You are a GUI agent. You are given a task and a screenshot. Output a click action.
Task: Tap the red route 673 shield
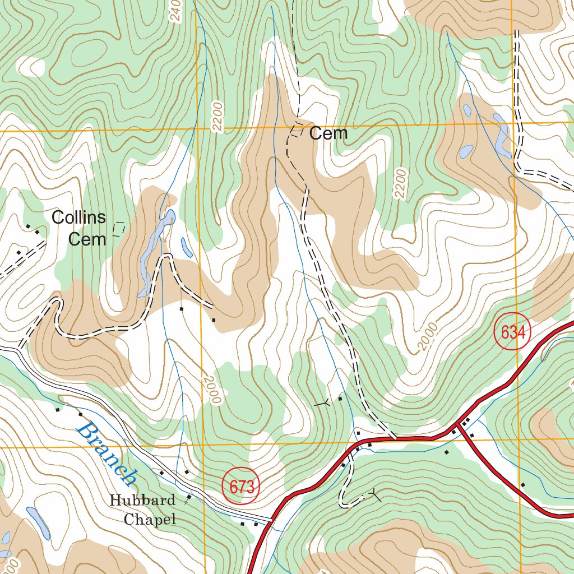(x=242, y=487)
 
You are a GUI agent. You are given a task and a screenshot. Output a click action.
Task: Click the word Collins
(x=79, y=217)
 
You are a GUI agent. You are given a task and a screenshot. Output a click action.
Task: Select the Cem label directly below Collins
(x=87, y=239)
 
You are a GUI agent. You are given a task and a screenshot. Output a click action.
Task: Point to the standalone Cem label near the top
(x=328, y=133)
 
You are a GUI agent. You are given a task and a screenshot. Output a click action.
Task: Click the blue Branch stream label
(x=107, y=453)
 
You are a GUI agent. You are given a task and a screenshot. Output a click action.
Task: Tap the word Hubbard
(x=142, y=500)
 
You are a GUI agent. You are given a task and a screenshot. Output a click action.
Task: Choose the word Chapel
(x=150, y=520)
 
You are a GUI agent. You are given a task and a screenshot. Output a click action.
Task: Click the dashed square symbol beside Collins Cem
(x=119, y=229)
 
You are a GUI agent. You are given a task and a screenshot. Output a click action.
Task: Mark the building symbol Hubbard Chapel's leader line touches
(x=189, y=497)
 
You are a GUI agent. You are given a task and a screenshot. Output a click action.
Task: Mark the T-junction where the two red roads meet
(x=458, y=427)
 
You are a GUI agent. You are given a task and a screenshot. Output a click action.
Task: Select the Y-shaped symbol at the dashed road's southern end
(x=374, y=494)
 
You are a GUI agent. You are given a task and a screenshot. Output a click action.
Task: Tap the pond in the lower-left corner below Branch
(x=38, y=522)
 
